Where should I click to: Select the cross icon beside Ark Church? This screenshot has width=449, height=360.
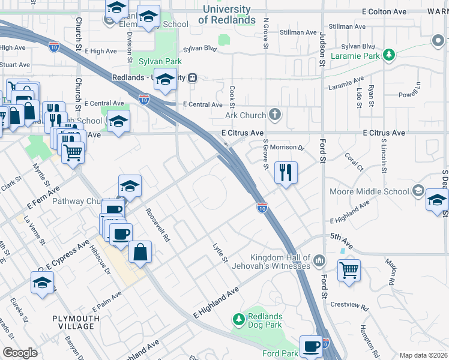point(275,114)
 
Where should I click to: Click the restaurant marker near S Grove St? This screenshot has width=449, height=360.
point(286,172)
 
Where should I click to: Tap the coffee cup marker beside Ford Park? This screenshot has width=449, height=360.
point(311,346)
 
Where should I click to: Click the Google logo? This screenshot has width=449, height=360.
point(19,353)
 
